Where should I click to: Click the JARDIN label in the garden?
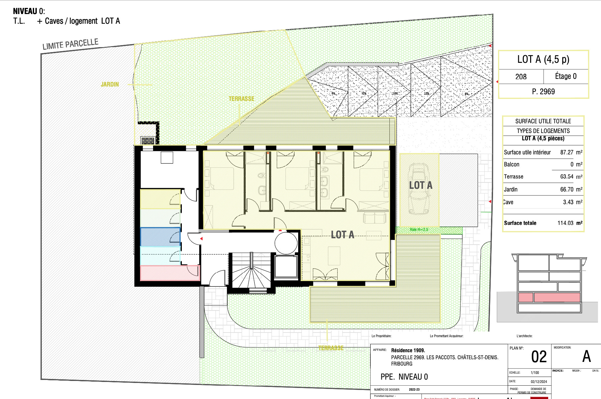(x=110, y=85)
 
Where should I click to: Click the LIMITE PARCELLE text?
(x=70, y=44)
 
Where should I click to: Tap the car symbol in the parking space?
(x=419, y=189)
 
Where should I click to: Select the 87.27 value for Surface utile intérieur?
(x=567, y=152)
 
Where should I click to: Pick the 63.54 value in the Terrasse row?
(x=567, y=176)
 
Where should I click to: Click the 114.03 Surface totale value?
(x=565, y=223)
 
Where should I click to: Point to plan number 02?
(x=539, y=357)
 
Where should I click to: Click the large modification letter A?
(x=586, y=357)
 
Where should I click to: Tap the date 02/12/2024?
(x=539, y=382)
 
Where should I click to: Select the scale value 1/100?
(x=535, y=373)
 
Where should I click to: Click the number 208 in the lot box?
(x=521, y=77)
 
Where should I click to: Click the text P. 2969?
(x=543, y=92)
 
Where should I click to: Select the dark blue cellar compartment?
(x=160, y=237)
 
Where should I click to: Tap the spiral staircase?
(x=251, y=272)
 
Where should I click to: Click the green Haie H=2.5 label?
(x=419, y=230)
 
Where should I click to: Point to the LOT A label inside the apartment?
(x=342, y=235)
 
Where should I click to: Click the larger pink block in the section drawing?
(x=557, y=297)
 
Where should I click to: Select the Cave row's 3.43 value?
(x=568, y=202)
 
